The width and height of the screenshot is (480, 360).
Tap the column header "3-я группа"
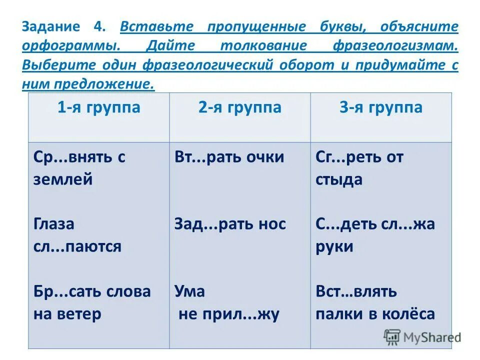coord(381,107)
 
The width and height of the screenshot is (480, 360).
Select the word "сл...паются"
coord(77,246)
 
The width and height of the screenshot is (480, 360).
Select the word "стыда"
coord(339,179)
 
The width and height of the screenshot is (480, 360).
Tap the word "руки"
coord(334,246)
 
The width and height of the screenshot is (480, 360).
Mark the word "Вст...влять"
coord(356,291)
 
